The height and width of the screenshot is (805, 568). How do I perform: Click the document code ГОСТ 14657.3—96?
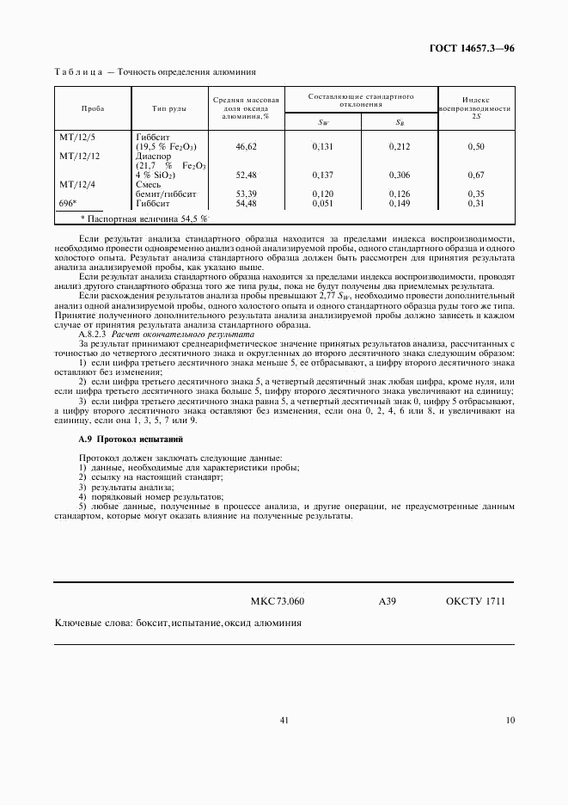click(472, 50)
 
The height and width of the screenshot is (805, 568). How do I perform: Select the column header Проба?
click(92, 109)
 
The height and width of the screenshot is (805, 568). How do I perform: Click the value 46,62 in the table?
click(247, 147)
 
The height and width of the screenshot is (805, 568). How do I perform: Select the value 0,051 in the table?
click(322, 203)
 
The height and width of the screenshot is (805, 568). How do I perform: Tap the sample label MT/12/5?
click(77, 137)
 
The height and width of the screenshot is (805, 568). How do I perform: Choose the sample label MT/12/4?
click(77, 184)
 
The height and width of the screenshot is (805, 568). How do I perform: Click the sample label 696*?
click(68, 203)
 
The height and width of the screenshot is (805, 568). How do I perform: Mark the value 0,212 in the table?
click(399, 147)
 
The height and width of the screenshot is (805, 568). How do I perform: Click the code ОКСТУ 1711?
click(475, 601)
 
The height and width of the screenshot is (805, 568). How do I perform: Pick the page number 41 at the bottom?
click(284, 721)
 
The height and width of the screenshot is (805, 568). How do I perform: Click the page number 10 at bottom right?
click(510, 721)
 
